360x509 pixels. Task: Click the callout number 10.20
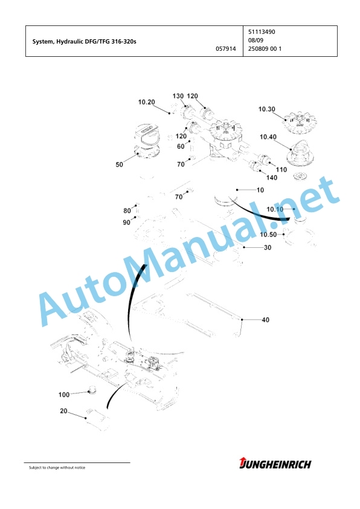pos(147,102)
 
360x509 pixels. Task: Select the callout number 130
pos(178,96)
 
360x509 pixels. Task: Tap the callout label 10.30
pos(266,109)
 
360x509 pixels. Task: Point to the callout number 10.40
pos(268,137)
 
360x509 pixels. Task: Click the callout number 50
pos(120,164)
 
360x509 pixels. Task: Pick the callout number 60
pos(181,146)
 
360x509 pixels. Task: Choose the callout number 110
pos(281,170)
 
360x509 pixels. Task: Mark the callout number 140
pos(272,178)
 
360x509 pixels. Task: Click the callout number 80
pos(127,211)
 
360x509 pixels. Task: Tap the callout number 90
pos(126,222)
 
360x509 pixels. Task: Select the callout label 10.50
pos(268,235)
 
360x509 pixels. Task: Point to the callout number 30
pos(268,248)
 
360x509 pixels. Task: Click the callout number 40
pos(266,320)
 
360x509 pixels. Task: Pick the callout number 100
pos(64,395)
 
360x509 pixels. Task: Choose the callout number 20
pos(63,411)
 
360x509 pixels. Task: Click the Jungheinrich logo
pos(275,464)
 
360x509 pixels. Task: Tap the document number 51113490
pos(262,32)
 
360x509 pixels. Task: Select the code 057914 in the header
pos(226,49)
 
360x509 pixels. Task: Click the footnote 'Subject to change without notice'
pos(57,467)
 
